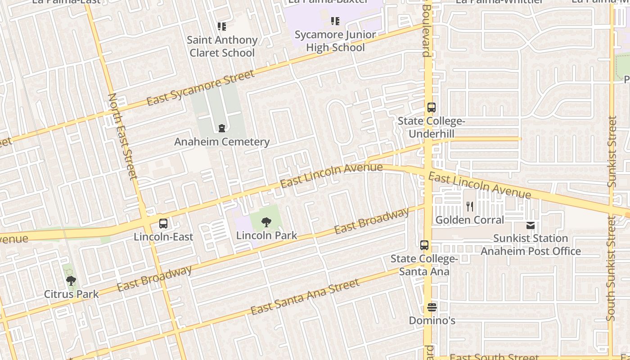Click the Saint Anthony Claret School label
[x=222, y=46]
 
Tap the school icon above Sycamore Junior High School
[x=335, y=21]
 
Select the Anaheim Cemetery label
[x=222, y=142]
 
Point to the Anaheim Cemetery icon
[x=222, y=129]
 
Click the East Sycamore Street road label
[x=201, y=88]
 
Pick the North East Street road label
[x=122, y=136]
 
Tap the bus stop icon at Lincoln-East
[x=163, y=223]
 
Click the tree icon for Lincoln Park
[x=266, y=222]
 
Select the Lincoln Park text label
[x=266, y=235]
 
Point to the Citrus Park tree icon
[x=71, y=281]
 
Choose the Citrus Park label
[x=71, y=294]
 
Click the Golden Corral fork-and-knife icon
[x=470, y=207]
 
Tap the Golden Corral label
[x=470, y=220]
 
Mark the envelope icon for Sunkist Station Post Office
[x=531, y=225]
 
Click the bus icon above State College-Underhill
[x=431, y=108]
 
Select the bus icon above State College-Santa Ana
[x=424, y=245]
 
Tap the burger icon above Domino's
[x=432, y=307]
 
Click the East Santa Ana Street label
[x=305, y=297]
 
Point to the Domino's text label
[x=432, y=321]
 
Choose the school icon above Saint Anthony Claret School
[x=222, y=27]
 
